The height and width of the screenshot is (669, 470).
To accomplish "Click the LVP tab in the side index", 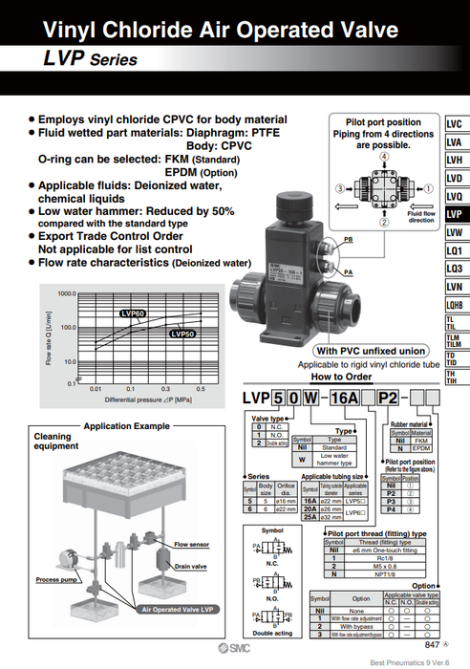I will (x=456, y=214).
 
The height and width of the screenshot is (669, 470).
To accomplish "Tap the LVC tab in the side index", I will (x=456, y=124).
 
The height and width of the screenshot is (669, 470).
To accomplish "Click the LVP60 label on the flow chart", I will (x=133, y=313).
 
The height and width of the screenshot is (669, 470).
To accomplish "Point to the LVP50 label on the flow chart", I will (x=182, y=334).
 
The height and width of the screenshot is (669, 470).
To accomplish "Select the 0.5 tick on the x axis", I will (x=200, y=389).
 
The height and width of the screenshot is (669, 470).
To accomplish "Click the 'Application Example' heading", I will (x=128, y=426).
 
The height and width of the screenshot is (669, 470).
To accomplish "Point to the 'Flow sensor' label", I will (x=190, y=544).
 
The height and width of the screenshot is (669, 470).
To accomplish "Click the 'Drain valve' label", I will (x=190, y=566).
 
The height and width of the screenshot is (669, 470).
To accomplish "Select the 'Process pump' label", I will (x=56, y=580).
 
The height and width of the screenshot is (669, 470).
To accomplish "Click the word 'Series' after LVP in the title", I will (x=114, y=60).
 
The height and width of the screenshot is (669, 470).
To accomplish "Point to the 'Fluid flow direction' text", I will (x=420, y=216).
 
